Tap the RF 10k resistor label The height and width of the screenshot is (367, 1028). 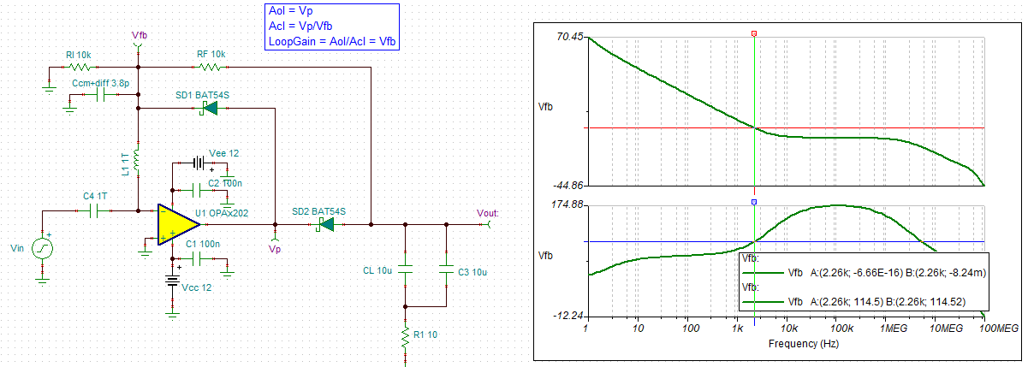(211, 54)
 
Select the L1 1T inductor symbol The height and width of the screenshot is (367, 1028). (138, 159)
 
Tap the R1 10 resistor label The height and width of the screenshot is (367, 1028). (425, 334)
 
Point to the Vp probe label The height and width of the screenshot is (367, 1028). (274, 250)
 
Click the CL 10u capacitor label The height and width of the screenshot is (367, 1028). (377, 272)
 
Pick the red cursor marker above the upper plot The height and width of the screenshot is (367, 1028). (753, 34)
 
